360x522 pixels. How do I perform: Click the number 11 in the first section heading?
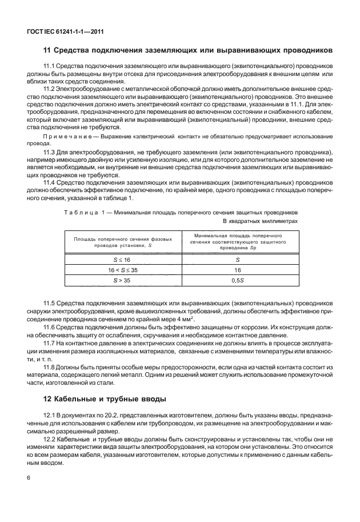[x=49, y=50]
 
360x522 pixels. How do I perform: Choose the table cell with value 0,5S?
[x=238, y=280]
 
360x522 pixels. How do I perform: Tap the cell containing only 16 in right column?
[x=238, y=269]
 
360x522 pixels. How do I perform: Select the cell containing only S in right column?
[x=238, y=259]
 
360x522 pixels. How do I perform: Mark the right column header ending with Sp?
[x=238, y=242]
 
